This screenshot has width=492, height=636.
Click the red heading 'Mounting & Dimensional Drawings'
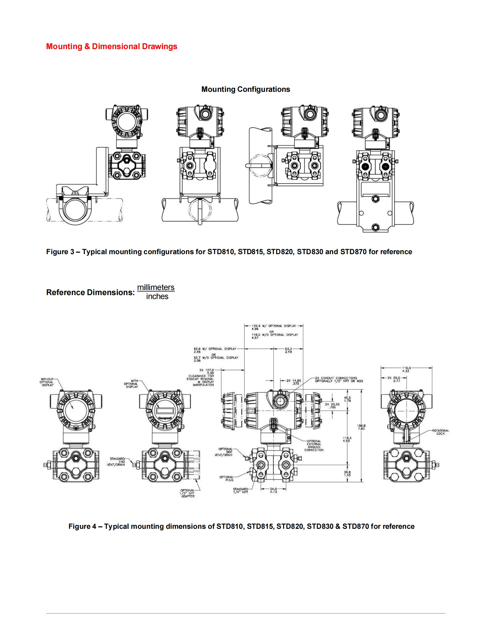[112, 47]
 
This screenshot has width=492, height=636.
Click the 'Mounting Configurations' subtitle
[245, 89]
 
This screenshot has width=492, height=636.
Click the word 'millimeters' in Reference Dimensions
[156, 287]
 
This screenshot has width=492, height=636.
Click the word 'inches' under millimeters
[157, 297]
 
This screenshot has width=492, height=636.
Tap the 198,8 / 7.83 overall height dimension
[361, 427]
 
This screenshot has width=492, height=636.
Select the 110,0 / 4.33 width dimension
[406, 369]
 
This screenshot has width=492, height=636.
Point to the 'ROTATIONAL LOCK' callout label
[440, 432]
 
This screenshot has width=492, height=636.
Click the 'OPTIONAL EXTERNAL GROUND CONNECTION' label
[314, 445]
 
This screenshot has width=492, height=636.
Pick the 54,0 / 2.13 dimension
[273, 490]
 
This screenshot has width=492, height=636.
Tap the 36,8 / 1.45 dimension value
[347, 473]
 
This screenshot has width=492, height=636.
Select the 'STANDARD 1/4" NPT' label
[240, 491]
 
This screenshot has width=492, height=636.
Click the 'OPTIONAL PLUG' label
[226, 478]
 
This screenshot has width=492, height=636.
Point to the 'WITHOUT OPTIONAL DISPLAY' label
[47, 382]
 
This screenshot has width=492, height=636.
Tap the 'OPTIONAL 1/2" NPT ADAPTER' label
[188, 493]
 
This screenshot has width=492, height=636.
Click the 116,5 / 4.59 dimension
[347, 439]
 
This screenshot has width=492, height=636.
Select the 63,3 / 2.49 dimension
[288, 350]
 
